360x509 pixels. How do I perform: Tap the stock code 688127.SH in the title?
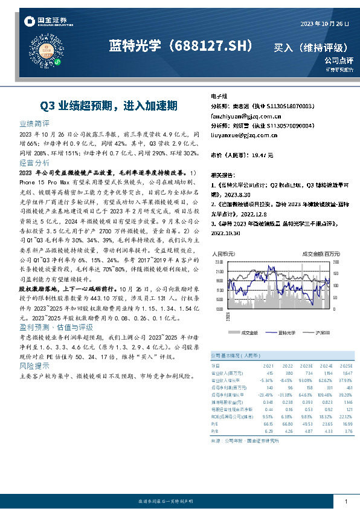click(213, 46)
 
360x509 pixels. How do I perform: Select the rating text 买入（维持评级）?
click(311, 47)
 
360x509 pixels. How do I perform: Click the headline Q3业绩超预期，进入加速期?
click(109, 105)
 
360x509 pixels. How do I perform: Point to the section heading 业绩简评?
click(34, 123)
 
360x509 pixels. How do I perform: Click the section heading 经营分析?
click(34, 163)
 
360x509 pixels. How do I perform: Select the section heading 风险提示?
click(34, 366)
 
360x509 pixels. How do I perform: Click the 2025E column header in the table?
click(346, 366)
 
